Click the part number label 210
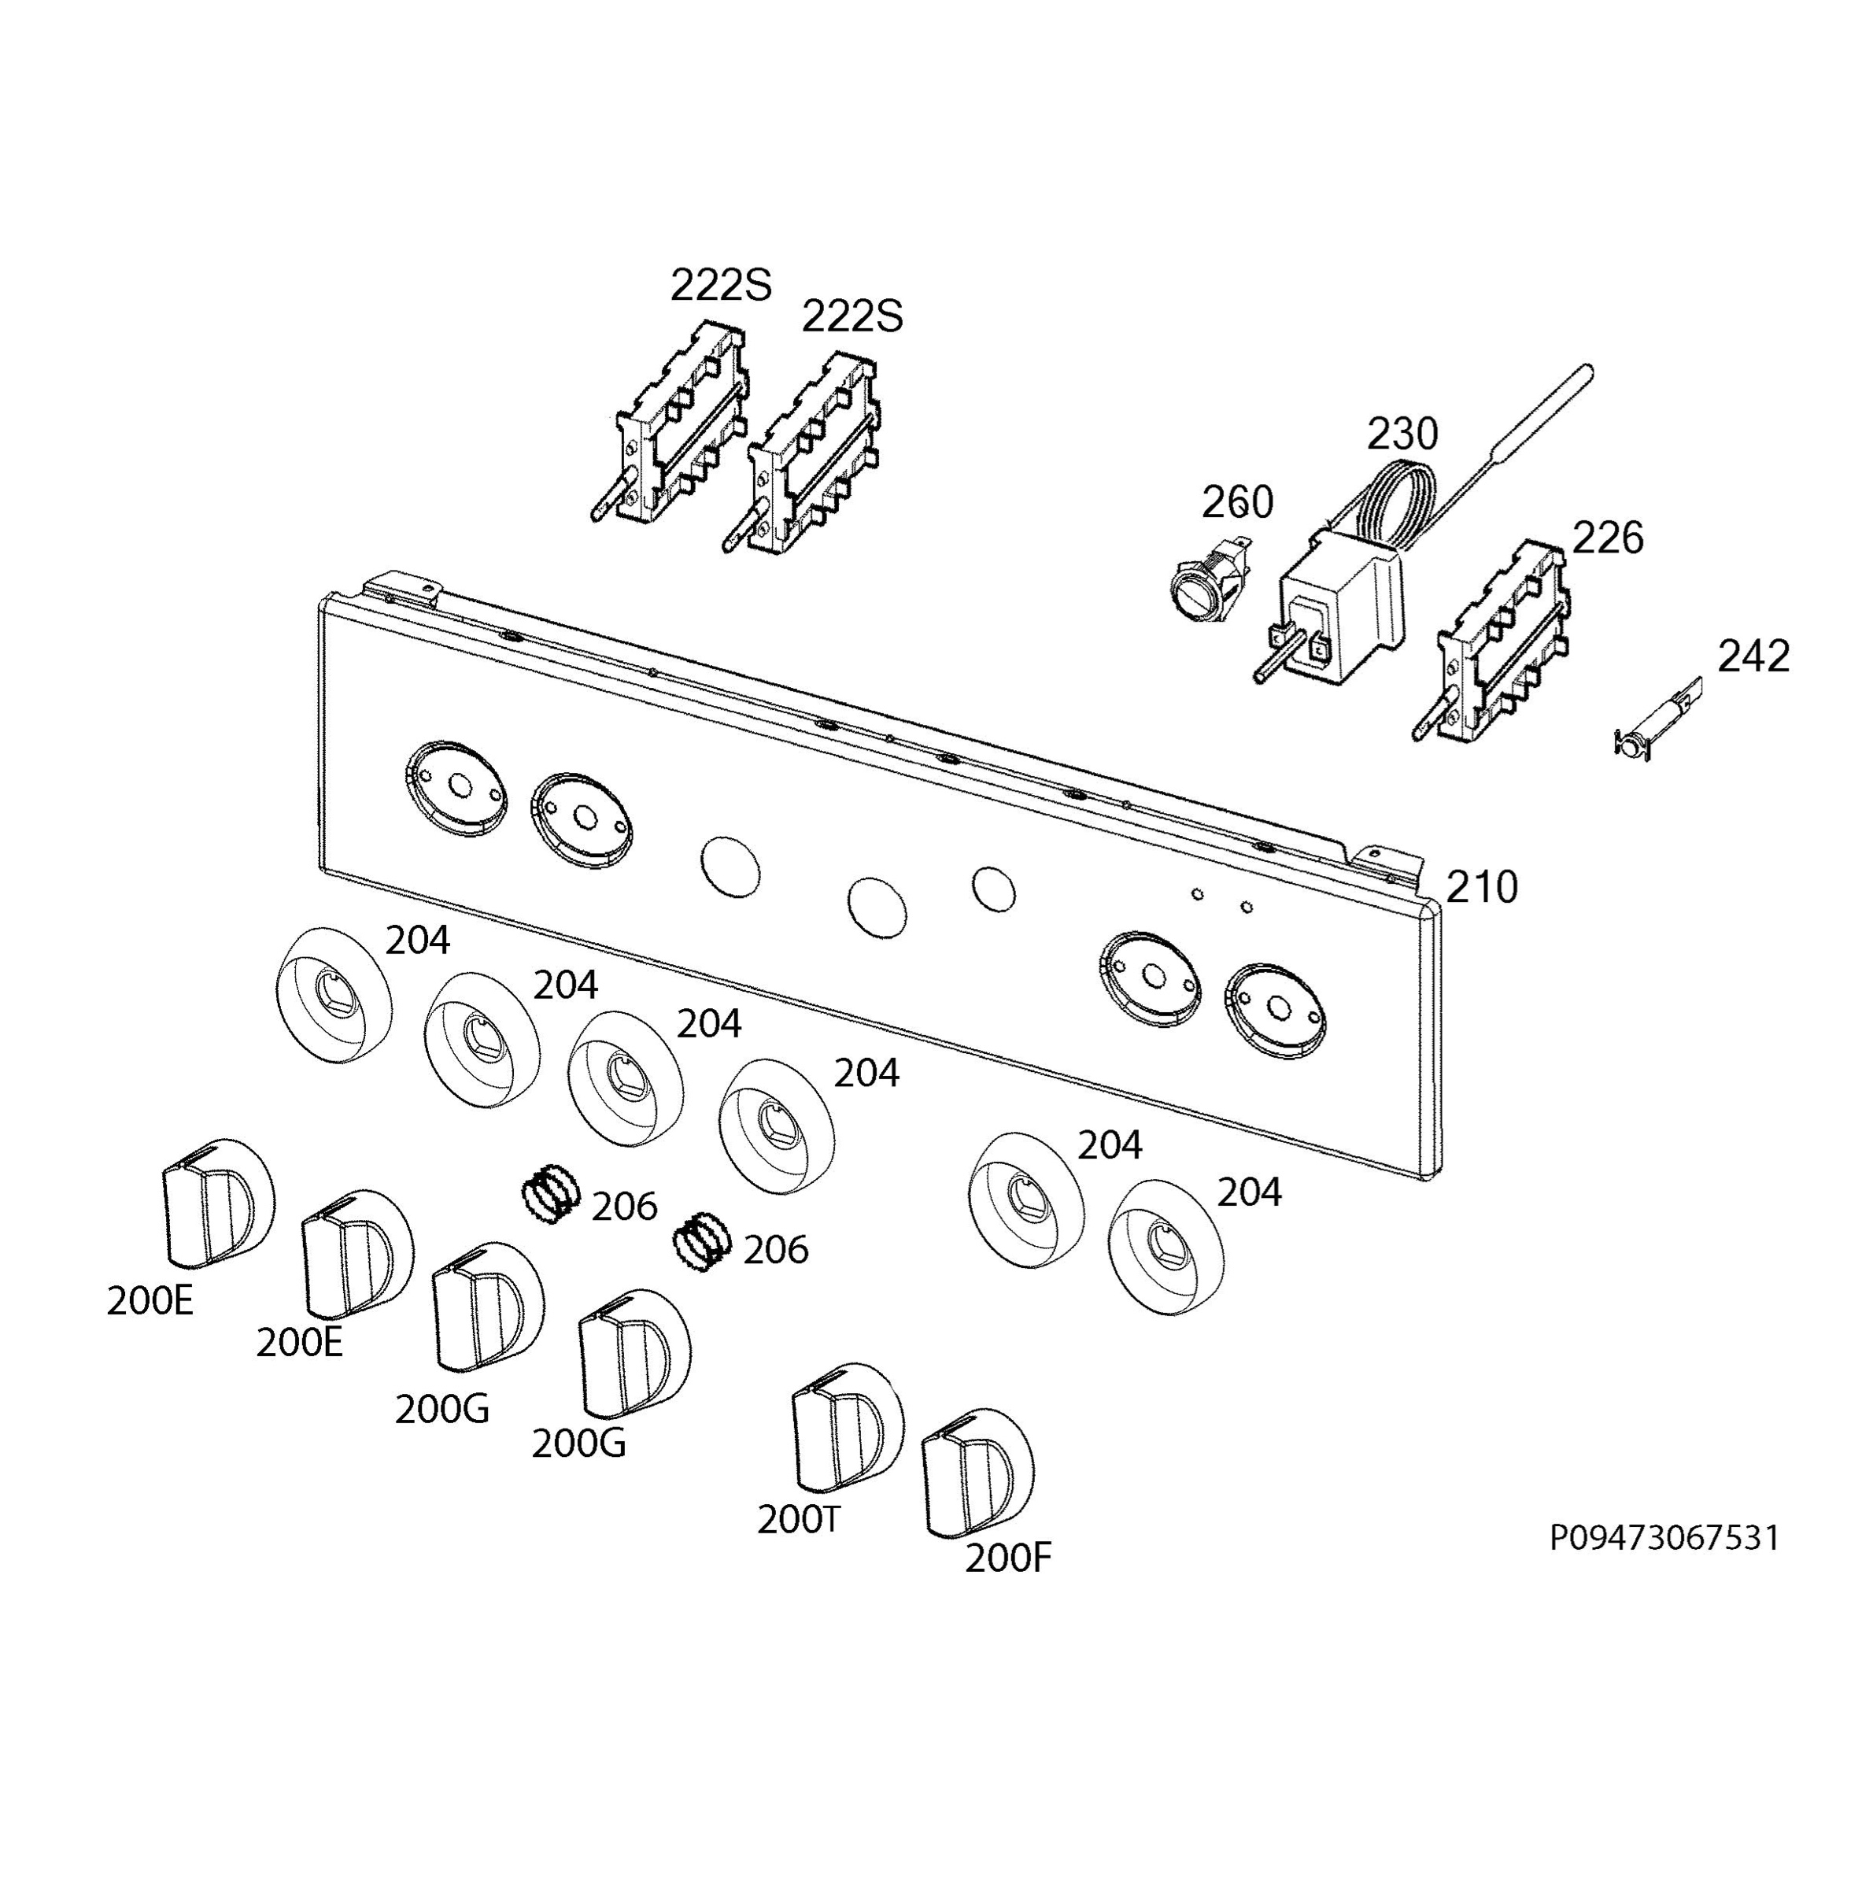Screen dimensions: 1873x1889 coord(1481,888)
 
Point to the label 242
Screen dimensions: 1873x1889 coord(1753,656)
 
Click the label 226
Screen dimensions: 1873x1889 coord(1608,538)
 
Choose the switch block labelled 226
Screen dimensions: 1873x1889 coord(1501,645)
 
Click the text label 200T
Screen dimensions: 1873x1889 coord(799,1519)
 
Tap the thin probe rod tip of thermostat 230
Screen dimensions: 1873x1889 coord(1587,372)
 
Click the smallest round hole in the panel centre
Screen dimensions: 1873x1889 coord(993,888)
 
